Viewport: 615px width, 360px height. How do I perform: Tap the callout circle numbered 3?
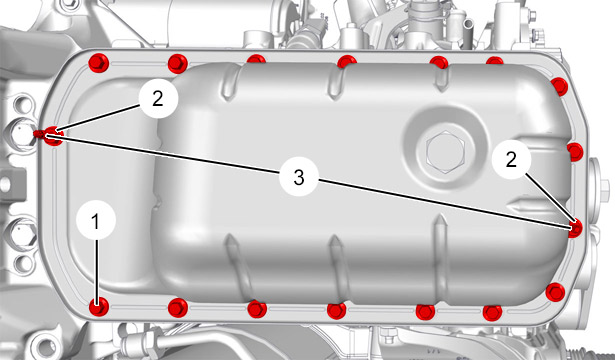(299, 177)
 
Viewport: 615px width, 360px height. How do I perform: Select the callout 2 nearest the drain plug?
(511, 160)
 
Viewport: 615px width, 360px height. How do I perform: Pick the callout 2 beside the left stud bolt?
(158, 98)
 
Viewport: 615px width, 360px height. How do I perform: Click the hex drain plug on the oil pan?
(445, 152)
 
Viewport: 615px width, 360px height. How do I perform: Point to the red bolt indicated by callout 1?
(98, 307)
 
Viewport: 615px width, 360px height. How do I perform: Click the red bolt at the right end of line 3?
(575, 228)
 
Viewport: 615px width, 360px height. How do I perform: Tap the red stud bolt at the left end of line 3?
(50, 136)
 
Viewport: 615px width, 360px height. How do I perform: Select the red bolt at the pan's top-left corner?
(98, 63)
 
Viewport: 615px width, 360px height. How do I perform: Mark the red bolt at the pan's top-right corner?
(559, 86)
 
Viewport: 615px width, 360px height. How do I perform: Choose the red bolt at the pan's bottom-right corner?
(555, 292)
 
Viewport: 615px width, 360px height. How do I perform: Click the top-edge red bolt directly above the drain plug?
(439, 62)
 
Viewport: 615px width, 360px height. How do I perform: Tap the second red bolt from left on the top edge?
(178, 64)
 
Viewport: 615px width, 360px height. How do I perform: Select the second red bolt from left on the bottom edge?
(178, 308)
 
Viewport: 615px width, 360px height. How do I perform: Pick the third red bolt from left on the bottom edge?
(257, 309)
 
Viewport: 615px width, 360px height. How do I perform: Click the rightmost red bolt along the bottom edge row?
(493, 313)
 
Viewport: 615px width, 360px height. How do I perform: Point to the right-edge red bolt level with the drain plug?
(575, 152)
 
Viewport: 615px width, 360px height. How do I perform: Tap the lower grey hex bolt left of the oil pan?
(23, 234)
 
